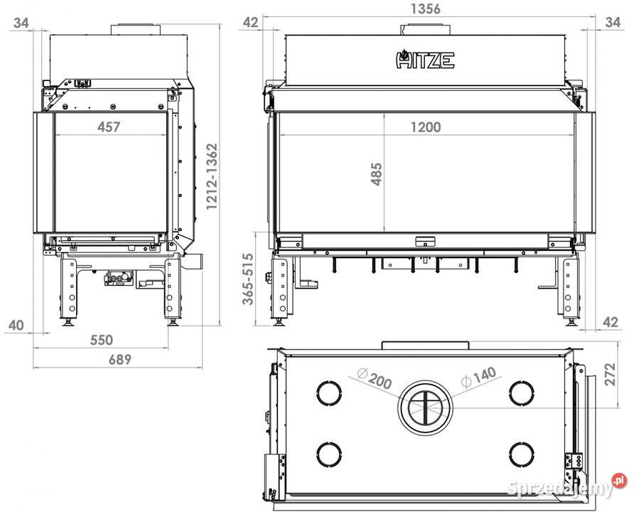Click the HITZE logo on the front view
(x=425, y=59)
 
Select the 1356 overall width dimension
(x=425, y=9)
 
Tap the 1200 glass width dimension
(x=426, y=127)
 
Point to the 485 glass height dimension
(x=377, y=174)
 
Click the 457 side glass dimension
(x=109, y=127)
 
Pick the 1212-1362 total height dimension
(x=212, y=176)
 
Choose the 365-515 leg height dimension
(x=248, y=279)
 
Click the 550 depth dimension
(x=102, y=340)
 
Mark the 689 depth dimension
(x=120, y=359)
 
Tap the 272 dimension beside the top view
(x=610, y=374)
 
